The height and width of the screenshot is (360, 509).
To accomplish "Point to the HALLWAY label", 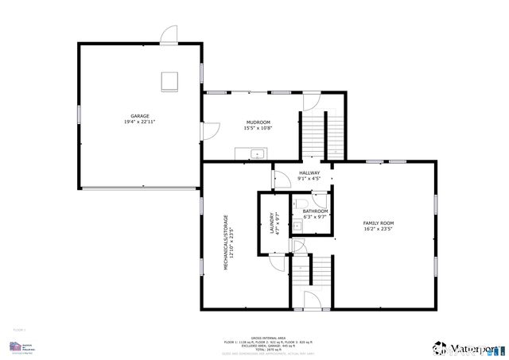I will tap(309, 172).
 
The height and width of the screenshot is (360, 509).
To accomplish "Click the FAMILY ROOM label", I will tap(379, 223).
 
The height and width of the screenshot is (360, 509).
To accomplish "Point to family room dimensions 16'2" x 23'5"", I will tap(379, 229).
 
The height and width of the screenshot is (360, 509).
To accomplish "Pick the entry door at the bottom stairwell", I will tap(311, 300).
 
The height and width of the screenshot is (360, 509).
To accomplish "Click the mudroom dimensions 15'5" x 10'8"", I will tap(258, 128).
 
